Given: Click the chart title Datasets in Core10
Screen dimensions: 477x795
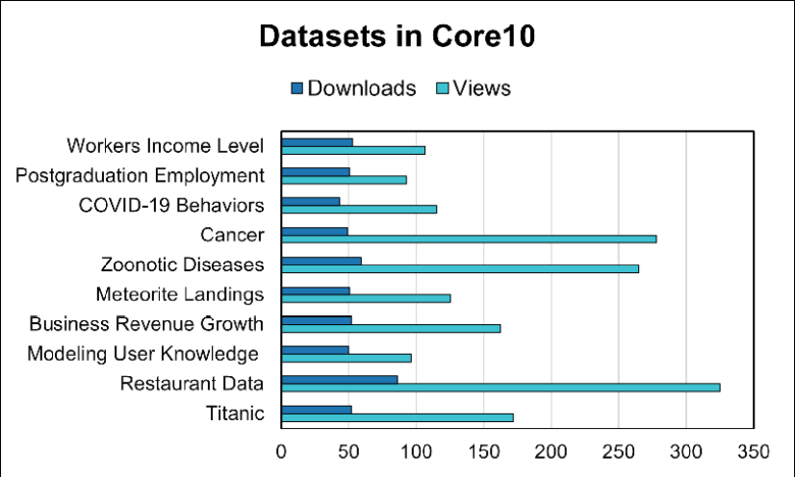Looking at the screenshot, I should click(x=397, y=38).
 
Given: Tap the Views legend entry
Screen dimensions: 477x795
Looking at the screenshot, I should click(x=474, y=88).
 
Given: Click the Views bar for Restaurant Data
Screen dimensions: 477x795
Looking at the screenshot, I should click(x=500, y=388).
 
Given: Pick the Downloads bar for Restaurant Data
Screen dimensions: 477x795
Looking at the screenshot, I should click(x=339, y=379).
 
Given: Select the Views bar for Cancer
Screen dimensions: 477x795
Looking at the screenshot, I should click(x=468, y=238).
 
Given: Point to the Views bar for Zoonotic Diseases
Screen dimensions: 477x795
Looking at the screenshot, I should click(x=459, y=268).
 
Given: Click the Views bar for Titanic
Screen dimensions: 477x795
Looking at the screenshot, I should click(x=397, y=417).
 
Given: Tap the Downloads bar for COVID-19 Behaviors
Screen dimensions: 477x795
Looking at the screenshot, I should click(x=310, y=201).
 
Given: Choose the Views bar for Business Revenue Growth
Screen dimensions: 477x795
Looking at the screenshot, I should click(x=390, y=328).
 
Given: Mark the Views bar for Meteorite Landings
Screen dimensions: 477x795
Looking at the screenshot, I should click(x=365, y=298).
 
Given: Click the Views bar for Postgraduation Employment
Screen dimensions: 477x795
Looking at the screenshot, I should click(x=344, y=179).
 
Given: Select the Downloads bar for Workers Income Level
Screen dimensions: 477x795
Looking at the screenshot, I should click(x=317, y=142).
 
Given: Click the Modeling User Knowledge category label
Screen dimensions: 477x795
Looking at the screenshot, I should click(x=144, y=354).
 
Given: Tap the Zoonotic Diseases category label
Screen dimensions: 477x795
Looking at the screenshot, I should click(x=182, y=264).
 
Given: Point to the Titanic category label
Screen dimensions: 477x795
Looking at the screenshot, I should click(x=235, y=414).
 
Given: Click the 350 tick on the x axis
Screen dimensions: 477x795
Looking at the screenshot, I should click(x=754, y=451).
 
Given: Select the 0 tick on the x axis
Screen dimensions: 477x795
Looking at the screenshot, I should click(x=281, y=451).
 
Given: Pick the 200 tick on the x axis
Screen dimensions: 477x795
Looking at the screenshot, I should click(x=551, y=451).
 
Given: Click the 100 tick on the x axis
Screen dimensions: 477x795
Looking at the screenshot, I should click(x=416, y=451).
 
